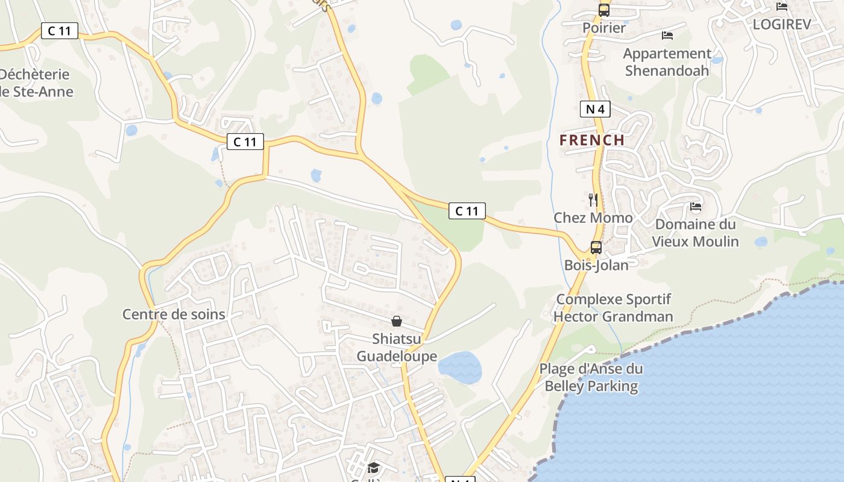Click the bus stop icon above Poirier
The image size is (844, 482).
604,10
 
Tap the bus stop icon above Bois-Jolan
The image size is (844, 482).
596,247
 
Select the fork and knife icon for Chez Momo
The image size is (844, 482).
593,200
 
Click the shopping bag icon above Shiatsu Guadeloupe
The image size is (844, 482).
397,321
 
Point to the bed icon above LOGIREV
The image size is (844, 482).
782,7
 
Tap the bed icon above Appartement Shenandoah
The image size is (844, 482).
667,36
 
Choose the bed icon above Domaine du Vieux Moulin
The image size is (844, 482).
696,207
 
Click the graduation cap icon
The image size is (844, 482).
374,468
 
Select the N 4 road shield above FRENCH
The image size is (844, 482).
595,109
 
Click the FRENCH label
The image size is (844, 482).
592,140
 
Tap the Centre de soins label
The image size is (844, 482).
174,314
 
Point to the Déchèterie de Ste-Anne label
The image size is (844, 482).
36,83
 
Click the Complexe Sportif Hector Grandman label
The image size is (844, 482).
613,308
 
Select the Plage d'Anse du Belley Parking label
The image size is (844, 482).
591,378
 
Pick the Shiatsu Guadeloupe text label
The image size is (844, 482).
397,348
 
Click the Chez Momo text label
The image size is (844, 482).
593,218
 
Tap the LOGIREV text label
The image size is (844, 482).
782,25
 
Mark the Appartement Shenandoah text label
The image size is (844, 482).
667,62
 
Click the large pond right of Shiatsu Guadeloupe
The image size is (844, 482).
460,368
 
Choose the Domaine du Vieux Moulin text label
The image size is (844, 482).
696,233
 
